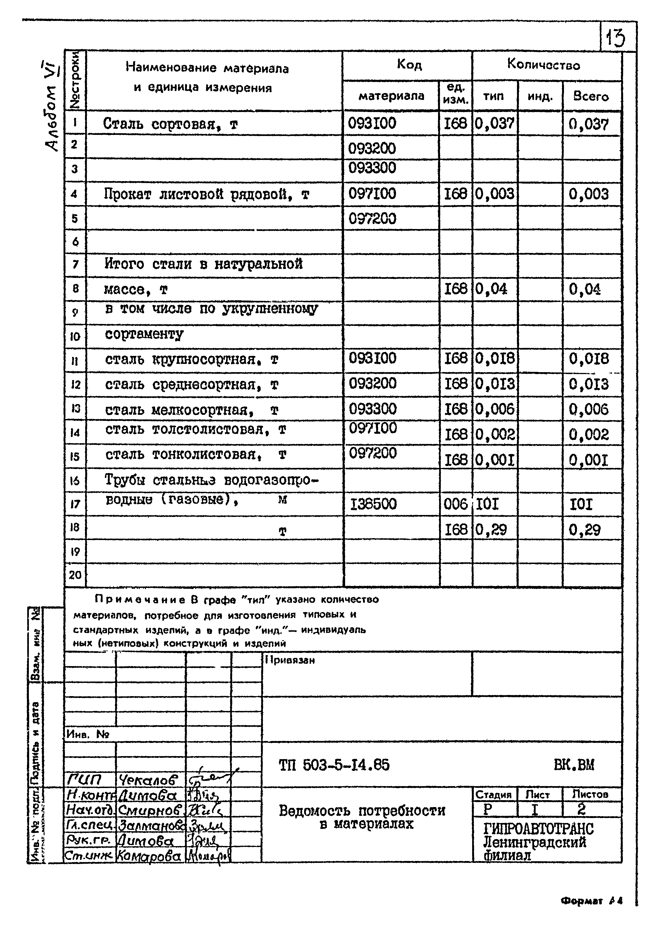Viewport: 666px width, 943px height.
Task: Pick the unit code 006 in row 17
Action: tap(455, 504)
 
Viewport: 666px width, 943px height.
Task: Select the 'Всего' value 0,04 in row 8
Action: tap(584, 290)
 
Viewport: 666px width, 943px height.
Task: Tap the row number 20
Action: tap(75, 575)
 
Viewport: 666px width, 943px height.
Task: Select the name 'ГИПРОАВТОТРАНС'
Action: tap(538, 829)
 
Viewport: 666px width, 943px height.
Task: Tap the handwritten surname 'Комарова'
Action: tap(149, 856)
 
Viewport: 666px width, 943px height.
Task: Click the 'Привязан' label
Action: tap(290, 660)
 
